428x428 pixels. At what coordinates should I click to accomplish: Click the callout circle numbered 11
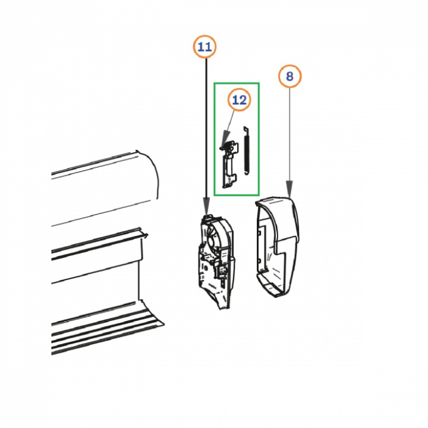pyautogui.click(x=204, y=47)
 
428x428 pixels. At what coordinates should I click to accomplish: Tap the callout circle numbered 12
pyautogui.click(x=239, y=100)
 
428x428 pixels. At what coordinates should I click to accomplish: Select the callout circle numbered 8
pyautogui.click(x=290, y=76)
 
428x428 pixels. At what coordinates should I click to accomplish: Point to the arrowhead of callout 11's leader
pyautogui.click(x=206, y=209)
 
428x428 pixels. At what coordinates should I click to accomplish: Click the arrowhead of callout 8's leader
pyautogui.click(x=289, y=188)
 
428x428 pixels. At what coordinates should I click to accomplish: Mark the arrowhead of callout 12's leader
pyautogui.click(x=225, y=139)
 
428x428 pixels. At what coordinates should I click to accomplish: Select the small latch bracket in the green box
pyautogui.click(x=229, y=165)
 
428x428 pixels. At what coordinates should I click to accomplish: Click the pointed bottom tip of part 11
pyautogui.click(x=222, y=309)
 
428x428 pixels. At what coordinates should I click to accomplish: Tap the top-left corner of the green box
pyautogui.click(x=214, y=83)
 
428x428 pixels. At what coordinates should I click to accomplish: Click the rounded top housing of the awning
pyautogui.click(x=103, y=188)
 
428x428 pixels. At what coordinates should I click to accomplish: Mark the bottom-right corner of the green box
pyautogui.click(x=259, y=195)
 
